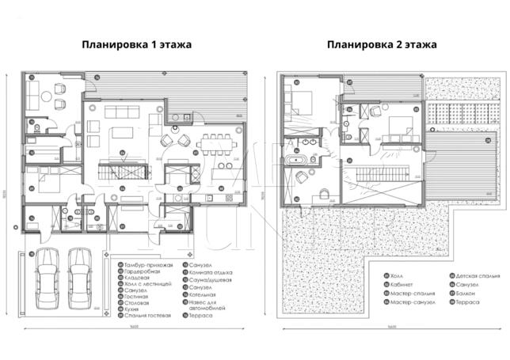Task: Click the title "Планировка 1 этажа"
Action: [137, 44]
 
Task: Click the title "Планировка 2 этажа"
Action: [382, 44]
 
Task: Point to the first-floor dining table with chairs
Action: [215, 144]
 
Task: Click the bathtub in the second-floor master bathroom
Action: [300, 161]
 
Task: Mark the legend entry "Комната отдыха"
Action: [207, 271]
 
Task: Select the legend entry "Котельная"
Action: [201, 294]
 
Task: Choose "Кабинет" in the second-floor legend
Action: [401, 285]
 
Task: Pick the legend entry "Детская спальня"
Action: [475, 277]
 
